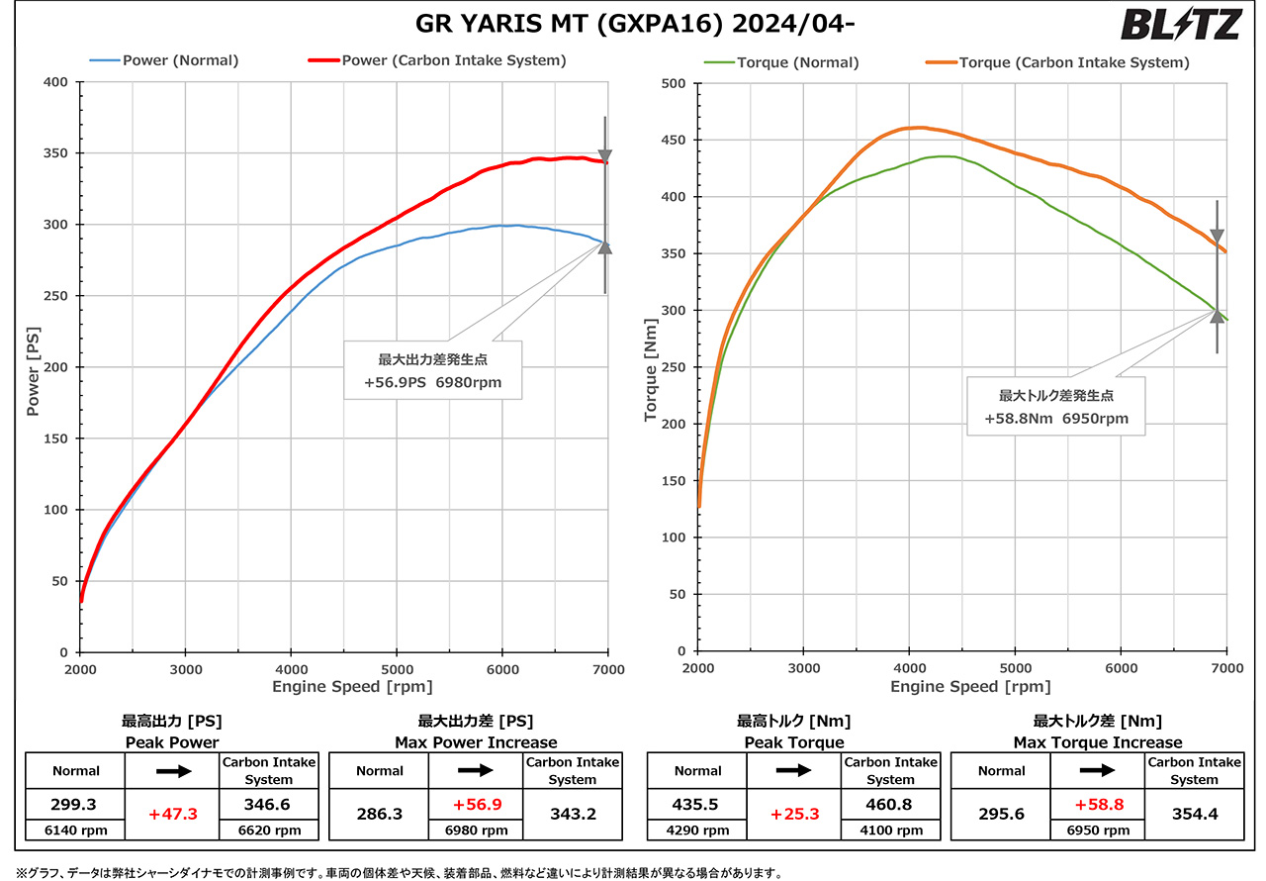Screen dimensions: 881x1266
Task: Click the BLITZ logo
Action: click(x=1182, y=24)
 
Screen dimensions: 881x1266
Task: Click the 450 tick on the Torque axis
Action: click(x=675, y=140)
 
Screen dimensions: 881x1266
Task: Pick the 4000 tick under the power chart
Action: click(x=291, y=668)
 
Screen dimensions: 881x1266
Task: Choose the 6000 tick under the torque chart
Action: click(x=1121, y=668)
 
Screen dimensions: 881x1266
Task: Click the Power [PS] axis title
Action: click(x=34, y=367)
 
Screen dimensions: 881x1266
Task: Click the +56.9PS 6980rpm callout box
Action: click(x=433, y=369)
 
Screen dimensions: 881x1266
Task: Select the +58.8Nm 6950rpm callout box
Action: click(x=1055, y=406)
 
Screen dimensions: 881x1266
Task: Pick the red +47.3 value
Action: click(x=173, y=814)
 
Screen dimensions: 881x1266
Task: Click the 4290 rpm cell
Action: click(x=697, y=831)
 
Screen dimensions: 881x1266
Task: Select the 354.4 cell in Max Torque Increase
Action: click(x=1194, y=814)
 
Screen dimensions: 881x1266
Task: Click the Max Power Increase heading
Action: click(x=476, y=742)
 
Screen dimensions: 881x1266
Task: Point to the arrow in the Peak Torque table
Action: click(x=793, y=770)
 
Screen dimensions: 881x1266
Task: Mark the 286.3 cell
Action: click(x=379, y=814)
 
